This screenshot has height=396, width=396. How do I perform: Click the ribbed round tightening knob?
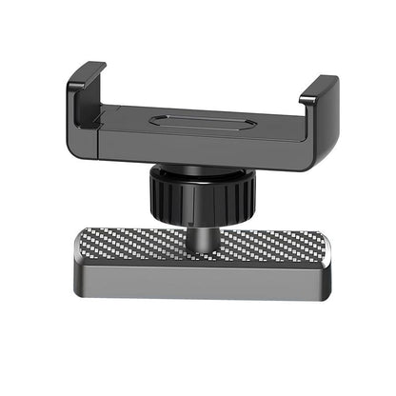(x=200, y=195)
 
